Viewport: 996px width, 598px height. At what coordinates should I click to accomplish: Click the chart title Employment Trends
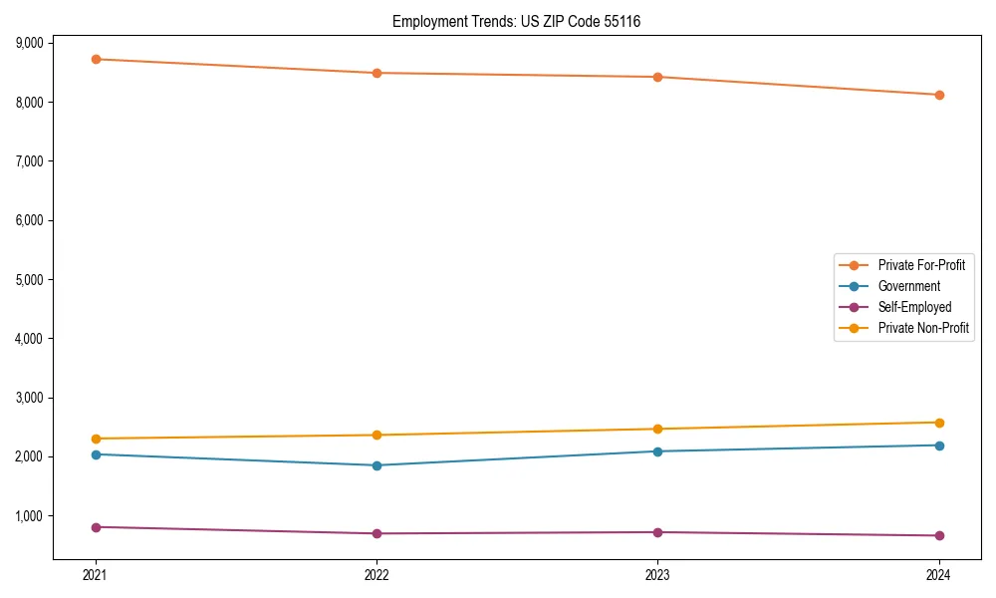tap(523, 21)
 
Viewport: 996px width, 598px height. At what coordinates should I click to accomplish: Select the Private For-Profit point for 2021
tap(96, 59)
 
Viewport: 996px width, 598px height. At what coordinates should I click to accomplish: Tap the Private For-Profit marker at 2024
tap(938, 95)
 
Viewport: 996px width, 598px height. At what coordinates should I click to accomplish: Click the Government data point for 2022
tap(376, 465)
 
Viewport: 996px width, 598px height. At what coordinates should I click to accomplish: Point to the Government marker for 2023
tap(657, 451)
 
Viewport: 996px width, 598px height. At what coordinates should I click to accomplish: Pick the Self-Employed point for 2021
tap(96, 527)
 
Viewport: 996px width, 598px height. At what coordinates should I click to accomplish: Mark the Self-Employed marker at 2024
tap(938, 535)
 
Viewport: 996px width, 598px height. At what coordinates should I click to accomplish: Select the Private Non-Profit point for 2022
tap(376, 435)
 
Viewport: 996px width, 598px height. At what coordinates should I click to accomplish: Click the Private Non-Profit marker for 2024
tap(938, 423)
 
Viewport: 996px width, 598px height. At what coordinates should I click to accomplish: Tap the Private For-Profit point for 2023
tap(657, 77)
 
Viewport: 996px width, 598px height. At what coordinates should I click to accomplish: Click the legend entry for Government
tap(908, 286)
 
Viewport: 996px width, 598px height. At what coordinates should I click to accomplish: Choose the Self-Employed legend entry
tap(914, 307)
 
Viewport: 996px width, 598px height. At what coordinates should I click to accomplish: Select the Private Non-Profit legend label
tap(923, 328)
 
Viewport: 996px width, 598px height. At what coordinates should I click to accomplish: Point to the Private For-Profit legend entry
tap(921, 265)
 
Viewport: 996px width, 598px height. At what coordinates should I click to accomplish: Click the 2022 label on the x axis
tap(376, 575)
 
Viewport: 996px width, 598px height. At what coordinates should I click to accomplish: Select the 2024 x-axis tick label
tap(938, 575)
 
